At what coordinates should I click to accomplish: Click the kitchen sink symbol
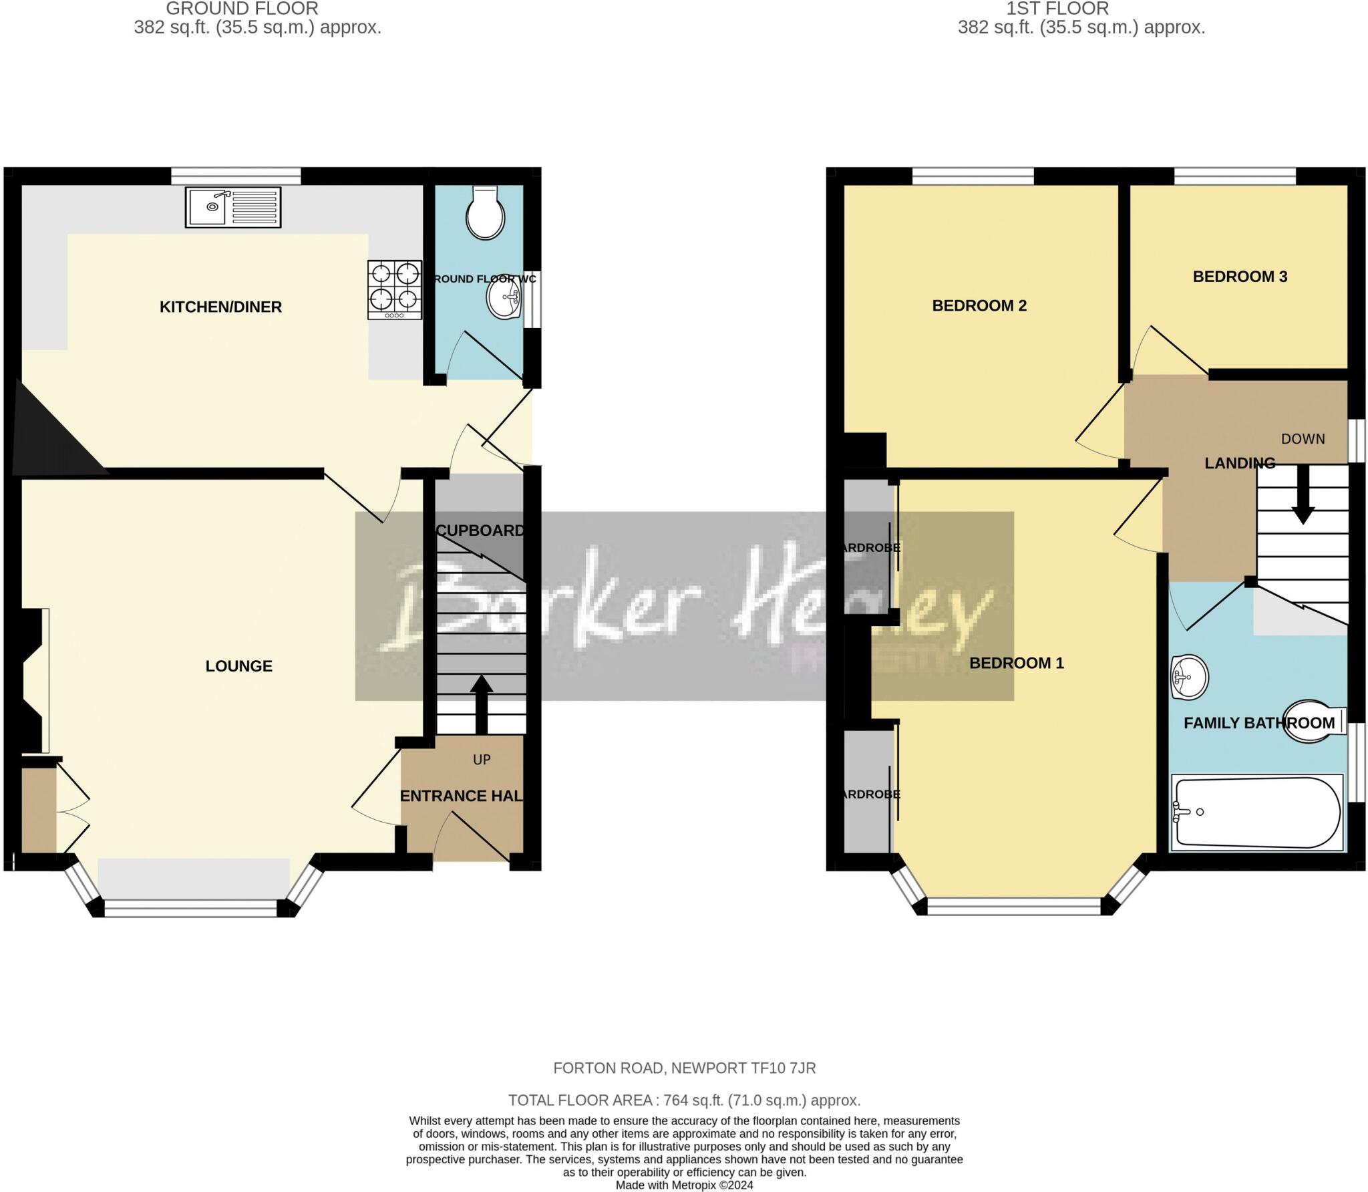(x=233, y=207)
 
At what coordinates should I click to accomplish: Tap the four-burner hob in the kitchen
(x=395, y=289)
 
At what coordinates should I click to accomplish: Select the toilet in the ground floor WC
(x=486, y=212)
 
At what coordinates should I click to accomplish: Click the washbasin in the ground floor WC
(x=504, y=299)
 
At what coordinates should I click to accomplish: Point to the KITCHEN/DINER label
(x=220, y=307)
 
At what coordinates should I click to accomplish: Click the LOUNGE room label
(x=238, y=666)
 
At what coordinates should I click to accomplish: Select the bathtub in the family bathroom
(x=1256, y=812)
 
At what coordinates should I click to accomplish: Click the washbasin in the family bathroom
(x=1189, y=678)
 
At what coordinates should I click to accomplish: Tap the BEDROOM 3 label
(x=1240, y=277)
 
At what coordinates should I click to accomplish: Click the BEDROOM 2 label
(x=979, y=305)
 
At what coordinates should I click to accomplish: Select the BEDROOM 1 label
(x=1016, y=663)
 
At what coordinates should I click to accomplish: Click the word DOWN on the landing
(x=1303, y=439)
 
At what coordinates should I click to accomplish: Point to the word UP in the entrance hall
(x=482, y=760)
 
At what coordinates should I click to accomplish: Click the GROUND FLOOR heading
(x=242, y=9)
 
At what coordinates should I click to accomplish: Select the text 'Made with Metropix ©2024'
(x=684, y=1185)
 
